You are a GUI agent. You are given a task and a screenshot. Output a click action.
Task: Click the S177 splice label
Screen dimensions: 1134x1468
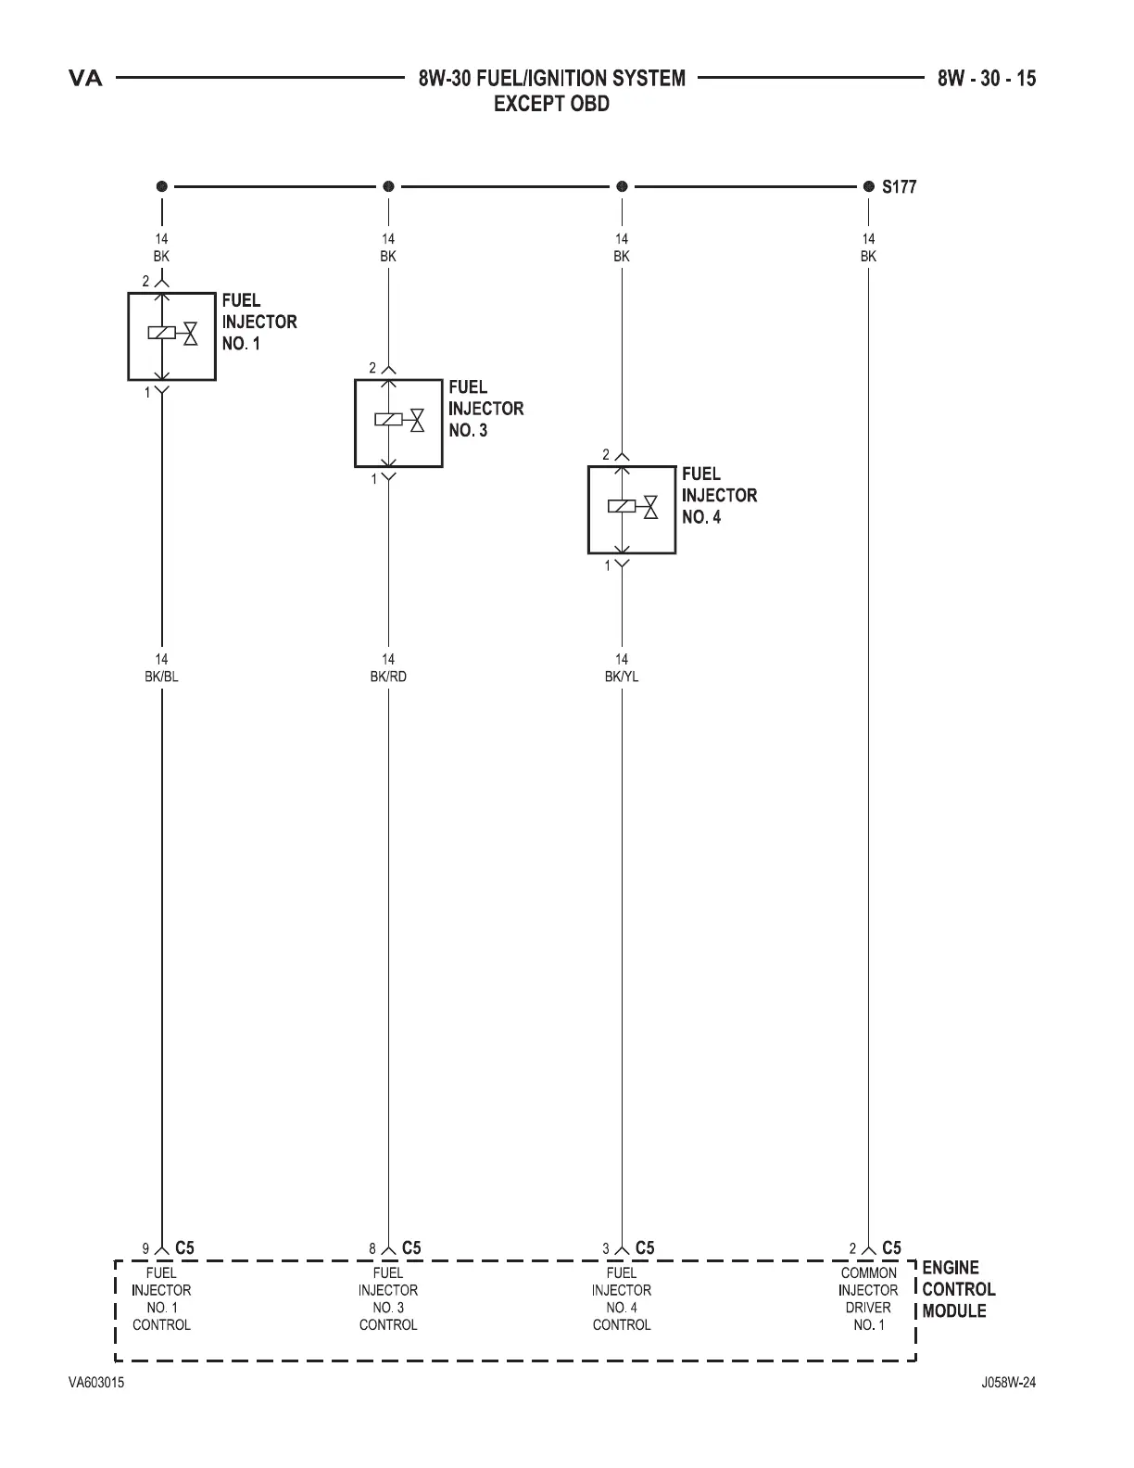pos(899,186)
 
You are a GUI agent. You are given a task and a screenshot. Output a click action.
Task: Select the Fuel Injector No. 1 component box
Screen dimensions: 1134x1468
pos(171,336)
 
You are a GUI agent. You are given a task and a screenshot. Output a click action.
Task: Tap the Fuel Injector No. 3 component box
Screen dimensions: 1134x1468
pos(398,423)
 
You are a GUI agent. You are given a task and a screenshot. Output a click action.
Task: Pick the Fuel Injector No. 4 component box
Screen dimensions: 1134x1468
pos(632,510)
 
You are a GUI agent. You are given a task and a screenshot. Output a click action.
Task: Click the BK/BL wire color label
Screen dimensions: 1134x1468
pos(161,677)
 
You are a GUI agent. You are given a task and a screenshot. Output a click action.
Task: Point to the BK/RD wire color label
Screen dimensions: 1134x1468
pos(388,677)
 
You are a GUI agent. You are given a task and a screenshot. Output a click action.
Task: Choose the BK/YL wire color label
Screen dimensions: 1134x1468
pos(622,677)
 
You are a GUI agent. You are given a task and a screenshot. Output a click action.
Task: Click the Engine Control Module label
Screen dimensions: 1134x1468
pos(958,1289)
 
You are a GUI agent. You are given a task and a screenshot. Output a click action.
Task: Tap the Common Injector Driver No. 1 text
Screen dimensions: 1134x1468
pos(868,1299)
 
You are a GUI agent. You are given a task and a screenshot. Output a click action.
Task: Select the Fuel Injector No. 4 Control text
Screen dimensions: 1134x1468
pos(622,1299)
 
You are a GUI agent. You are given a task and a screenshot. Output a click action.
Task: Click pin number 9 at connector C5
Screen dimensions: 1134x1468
pos(145,1249)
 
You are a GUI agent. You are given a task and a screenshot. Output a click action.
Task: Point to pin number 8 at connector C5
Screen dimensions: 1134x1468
pos(372,1249)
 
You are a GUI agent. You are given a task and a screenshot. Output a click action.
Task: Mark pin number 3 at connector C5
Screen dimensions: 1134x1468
pos(606,1249)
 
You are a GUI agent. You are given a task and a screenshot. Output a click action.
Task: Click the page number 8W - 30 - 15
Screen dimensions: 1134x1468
pos(986,79)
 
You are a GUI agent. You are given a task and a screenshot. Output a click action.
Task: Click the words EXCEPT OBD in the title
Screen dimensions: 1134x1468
pos(551,104)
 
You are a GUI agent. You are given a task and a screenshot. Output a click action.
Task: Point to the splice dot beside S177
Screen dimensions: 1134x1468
pos(868,186)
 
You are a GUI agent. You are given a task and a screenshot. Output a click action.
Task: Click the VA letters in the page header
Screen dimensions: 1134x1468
pos(86,79)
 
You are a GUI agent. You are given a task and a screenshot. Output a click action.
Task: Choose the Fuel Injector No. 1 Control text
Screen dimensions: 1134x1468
pos(161,1299)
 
